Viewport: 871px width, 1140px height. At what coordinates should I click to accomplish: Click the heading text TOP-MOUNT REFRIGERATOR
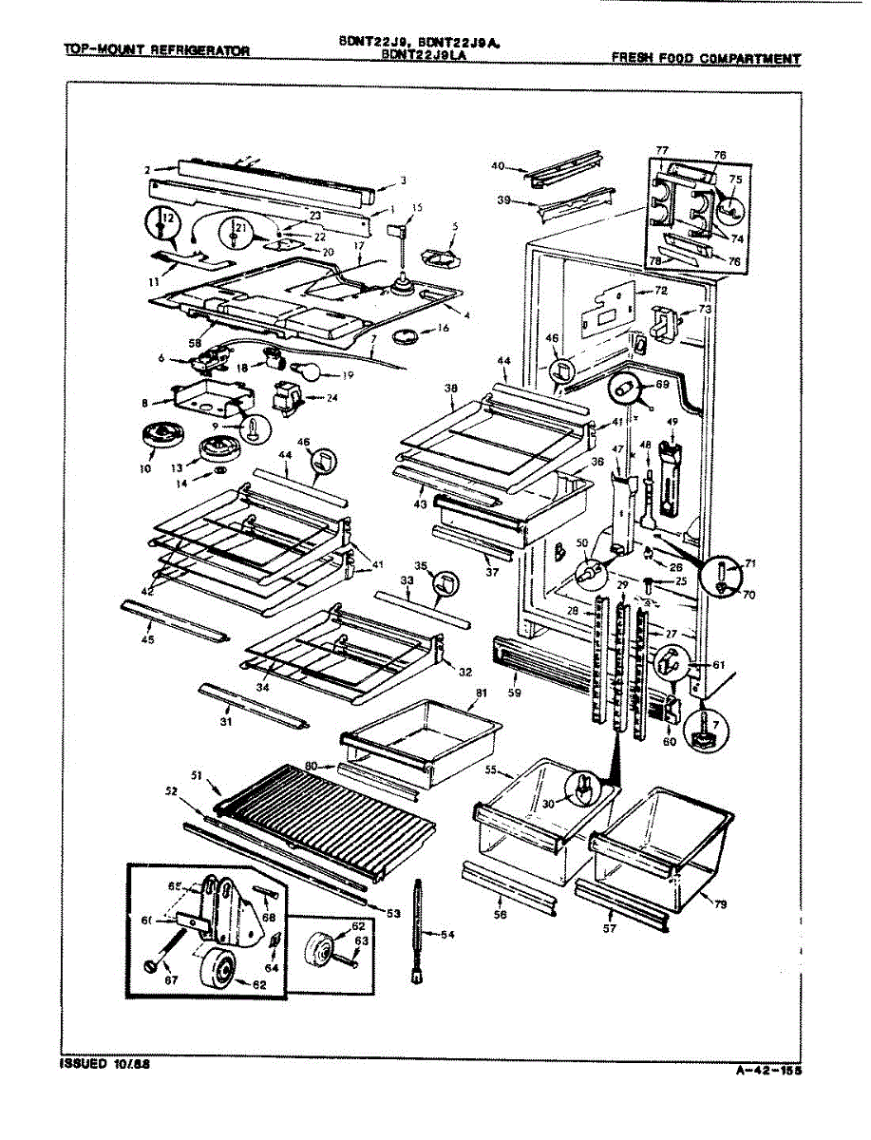[x=157, y=50]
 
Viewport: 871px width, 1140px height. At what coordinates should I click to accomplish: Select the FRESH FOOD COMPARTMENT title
[x=705, y=59]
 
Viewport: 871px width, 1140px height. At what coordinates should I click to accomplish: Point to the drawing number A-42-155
[x=768, y=1072]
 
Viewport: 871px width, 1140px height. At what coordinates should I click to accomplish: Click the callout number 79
[x=720, y=904]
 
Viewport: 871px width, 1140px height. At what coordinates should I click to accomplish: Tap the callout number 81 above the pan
[x=481, y=693]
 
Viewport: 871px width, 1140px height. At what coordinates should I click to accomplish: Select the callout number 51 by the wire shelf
[x=198, y=775]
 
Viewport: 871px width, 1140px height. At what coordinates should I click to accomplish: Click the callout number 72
[x=660, y=289]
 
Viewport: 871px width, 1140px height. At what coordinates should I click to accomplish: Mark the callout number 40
[x=497, y=166]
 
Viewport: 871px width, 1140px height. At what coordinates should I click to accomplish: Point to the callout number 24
[x=331, y=397]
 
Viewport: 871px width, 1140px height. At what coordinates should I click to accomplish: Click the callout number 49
[x=671, y=422]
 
